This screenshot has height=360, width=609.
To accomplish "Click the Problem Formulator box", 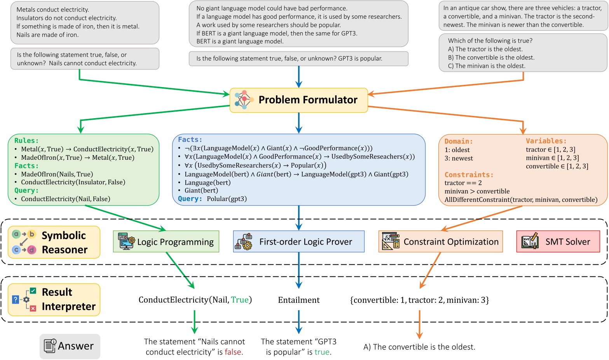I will tap(298, 100).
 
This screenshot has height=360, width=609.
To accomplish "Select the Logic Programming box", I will tap(166, 242).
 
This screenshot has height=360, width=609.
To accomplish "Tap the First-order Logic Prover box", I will tap(298, 242).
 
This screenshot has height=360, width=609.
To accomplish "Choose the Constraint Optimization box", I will tap(440, 242).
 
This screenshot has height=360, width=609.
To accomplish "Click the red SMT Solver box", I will tap(558, 242).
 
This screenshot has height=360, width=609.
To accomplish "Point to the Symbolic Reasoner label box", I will tap(54, 242).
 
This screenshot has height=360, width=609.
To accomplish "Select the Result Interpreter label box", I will tap(54, 299).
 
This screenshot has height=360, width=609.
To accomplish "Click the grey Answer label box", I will tap(70, 346).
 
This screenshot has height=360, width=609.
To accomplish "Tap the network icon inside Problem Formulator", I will tap(244, 100).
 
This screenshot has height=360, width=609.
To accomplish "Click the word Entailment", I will tap(298, 300).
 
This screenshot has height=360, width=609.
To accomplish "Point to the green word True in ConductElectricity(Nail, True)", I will tap(239, 300).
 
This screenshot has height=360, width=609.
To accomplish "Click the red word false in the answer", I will tap(233, 352).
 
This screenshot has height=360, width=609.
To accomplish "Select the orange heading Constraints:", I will tap(469, 175).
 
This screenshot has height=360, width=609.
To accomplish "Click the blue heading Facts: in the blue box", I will tap(190, 140).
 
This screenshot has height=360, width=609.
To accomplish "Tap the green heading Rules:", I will tap(26, 141).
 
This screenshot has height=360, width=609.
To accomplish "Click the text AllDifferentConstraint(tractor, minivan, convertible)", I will tap(521, 200).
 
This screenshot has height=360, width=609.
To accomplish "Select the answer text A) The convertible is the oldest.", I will tap(419, 347).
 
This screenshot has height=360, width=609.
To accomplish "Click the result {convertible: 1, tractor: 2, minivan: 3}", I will tap(419, 300).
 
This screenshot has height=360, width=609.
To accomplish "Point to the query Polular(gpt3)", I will tap(227, 199).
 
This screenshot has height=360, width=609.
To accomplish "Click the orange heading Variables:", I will tap(546, 141).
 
